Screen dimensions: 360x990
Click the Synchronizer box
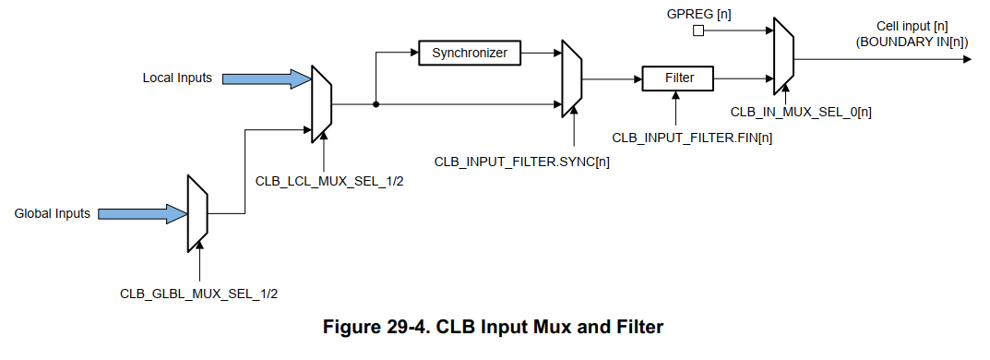tap(470, 53)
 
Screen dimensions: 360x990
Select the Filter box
tap(680, 78)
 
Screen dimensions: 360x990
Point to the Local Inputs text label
tap(177, 78)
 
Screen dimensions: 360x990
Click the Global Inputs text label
tap(53, 214)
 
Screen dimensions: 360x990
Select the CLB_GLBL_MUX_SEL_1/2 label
tap(199, 294)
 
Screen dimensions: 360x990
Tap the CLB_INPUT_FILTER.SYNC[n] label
tap(522, 162)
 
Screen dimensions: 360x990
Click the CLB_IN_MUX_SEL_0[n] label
tap(802, 111)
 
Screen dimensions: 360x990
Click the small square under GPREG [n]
tap(698, 30)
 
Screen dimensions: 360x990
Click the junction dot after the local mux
tap(376, 104)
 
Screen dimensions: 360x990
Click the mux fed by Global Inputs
tap(197, 213)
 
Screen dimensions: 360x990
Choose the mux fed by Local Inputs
tap(322, 103)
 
